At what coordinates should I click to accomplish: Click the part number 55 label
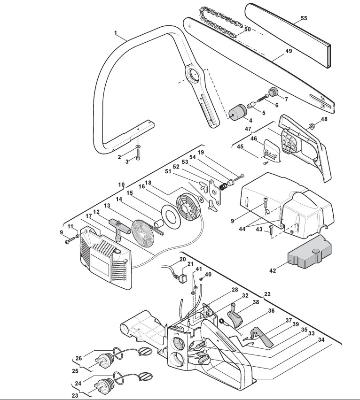304,18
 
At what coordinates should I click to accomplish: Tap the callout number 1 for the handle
115,33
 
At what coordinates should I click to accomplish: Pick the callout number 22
267,294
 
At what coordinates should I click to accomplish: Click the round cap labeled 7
274,91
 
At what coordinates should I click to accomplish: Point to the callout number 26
79,358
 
